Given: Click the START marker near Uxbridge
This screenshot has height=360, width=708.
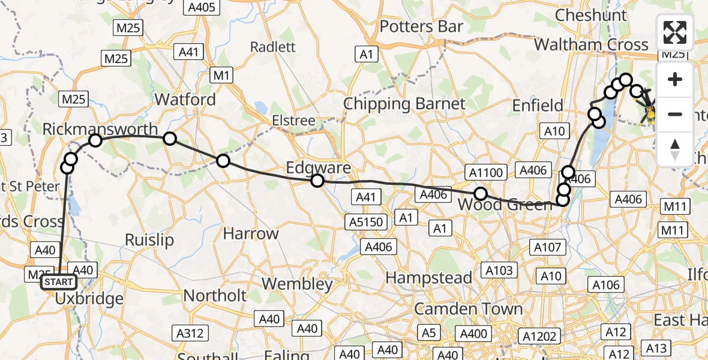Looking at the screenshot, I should pyautogui.click(x=58, y=282).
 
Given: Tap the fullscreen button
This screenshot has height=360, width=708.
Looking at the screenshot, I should pyautogui.click(x=675, y=32).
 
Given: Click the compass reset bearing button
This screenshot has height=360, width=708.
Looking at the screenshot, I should pyautogui.click(x=675, y=149).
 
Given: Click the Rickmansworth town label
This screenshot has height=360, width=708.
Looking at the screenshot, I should pyautogui.click(x=100, y=129).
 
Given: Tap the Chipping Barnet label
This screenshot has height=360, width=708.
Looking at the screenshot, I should pyautogui.click(x=404, y=104).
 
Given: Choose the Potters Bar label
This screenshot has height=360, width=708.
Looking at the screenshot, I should pyautogui.click(x=422, y=26).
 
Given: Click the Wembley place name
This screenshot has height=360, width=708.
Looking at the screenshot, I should pyautogui.click(x=298, y=284).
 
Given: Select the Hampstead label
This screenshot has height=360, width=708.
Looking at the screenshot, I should pyautogui.click(x=428, y=278).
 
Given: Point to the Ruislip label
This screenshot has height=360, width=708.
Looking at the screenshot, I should pyautogui.click(x=149, y=240).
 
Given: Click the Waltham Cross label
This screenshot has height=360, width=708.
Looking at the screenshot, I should pyautogui.click(x=591, y=44).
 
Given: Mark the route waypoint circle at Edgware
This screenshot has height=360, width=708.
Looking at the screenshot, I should pyautogui.click(x=317, y=181).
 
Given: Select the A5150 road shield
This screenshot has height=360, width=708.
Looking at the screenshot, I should pyautogui.click(x=367, y=222).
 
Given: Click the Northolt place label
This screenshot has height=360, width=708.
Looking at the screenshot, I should pyautogui.click(x=215, y=295).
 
